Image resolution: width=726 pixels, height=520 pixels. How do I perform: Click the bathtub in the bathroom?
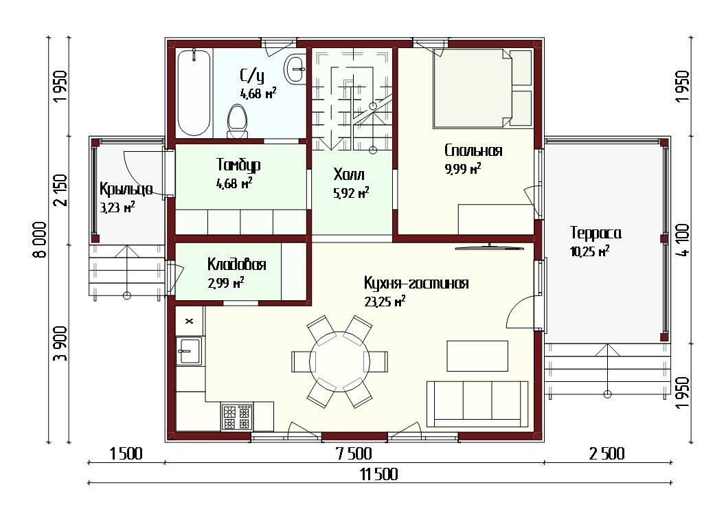194,92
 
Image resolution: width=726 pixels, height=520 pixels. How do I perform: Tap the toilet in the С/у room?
237,122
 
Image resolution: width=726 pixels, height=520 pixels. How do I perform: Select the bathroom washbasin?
295,69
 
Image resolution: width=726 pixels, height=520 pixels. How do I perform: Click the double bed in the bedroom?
482,88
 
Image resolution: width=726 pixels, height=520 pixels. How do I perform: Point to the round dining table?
339,361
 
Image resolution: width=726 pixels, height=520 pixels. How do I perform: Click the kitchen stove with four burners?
237,417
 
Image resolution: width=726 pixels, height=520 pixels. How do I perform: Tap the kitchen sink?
189,351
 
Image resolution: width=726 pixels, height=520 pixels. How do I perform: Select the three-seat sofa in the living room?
477,404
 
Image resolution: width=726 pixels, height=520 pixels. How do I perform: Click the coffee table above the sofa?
477,356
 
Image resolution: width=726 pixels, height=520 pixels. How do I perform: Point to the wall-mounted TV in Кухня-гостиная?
490,248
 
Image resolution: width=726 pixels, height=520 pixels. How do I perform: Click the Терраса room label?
595,233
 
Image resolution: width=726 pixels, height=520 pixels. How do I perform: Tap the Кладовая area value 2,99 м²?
226,282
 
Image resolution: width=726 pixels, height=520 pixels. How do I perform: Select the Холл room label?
349,174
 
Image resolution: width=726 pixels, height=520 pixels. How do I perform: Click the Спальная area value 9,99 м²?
463,168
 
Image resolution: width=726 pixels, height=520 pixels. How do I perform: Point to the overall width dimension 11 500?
378,474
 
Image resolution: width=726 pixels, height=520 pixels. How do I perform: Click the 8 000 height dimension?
40,240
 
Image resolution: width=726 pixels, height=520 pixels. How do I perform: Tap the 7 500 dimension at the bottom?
354,453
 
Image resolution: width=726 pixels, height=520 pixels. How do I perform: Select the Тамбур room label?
238,165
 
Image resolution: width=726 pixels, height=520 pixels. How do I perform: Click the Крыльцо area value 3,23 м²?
117,207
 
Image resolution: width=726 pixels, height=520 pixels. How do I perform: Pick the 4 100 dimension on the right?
683,240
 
